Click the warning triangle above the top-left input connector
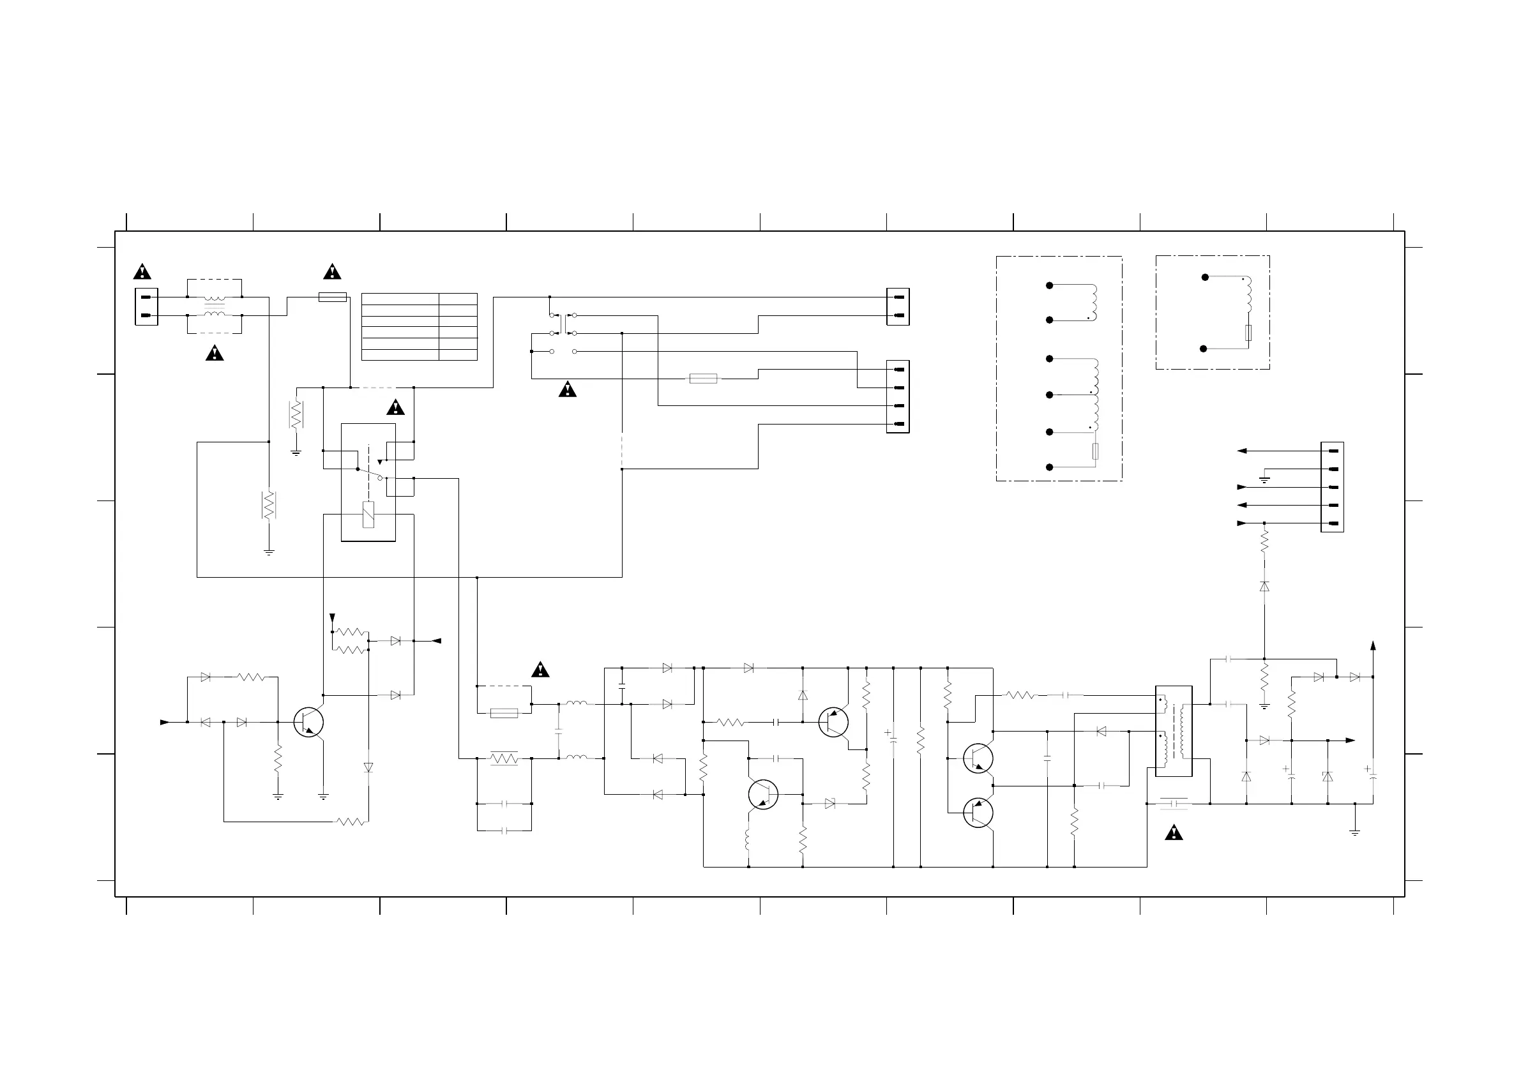click(x=142, y=272)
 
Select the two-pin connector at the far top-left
click(x=146, y=306)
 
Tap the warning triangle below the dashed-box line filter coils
click(x=214, y=353)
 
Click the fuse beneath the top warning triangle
click(x=333, y=297)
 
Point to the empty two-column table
click(x=420, y=327)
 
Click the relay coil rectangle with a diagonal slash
click(x=368, y=515)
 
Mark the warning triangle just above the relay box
click(x=395, y=407)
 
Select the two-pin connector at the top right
click(x=898, y=306)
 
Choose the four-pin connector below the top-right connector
click(x=898, y=396)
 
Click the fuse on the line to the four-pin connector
click(x=703, y=379)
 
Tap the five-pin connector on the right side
click(x=1331, y=487)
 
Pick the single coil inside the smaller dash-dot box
click(x=1248, y=295)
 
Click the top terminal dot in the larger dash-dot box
click(x=1049, y=285)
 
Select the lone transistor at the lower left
click(x=308, y=722)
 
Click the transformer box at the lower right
click(x=1173, y=730)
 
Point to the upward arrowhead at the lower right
click(x=1373, y=645)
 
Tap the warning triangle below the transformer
click(x=1173, y=832)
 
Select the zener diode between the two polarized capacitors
click(x=1328, y=776)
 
